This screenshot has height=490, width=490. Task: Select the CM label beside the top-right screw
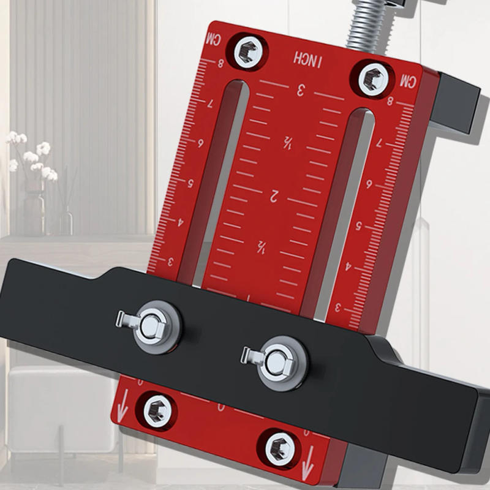(408, 80)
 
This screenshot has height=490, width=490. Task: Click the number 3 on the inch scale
(301, 91)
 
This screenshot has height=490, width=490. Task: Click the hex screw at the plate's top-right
(372, 78)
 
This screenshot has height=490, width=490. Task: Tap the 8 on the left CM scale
(220, 63)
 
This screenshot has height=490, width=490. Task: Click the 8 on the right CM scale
(390, 102)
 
